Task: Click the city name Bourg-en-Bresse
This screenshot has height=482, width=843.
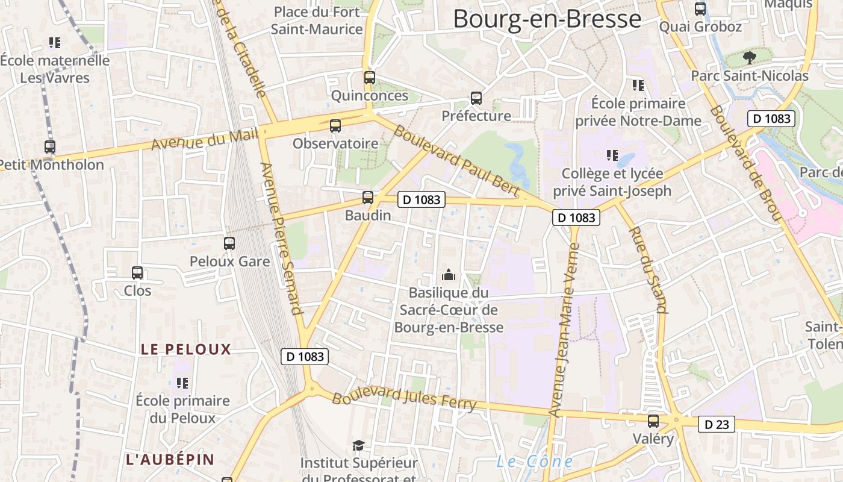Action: point(547,19)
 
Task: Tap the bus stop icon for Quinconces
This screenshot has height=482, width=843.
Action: point(370,78)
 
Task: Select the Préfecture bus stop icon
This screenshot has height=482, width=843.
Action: point(476,98)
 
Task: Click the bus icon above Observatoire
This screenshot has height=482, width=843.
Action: point(335,125)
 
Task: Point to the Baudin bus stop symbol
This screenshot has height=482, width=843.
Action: point(368,197)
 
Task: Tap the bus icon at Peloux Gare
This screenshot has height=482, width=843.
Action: point(229,243)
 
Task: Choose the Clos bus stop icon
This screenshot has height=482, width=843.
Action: point(137,273)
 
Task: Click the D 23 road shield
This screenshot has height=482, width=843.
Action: point(717,424)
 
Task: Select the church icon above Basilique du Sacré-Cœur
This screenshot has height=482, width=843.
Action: point(449,275)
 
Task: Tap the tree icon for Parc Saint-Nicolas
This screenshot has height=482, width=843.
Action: point(749,58)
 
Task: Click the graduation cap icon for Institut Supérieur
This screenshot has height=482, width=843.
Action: point(359,445)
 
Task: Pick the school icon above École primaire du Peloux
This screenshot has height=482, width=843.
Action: point(182,383)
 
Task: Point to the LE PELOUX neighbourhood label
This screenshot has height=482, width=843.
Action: point(186,349)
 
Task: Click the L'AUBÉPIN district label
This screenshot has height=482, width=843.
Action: point(170,459)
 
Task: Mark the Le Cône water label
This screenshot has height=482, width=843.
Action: point(534,462)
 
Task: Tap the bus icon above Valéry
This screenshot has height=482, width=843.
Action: point(653,421)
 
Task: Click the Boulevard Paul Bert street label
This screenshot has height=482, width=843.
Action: point(456,159)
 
